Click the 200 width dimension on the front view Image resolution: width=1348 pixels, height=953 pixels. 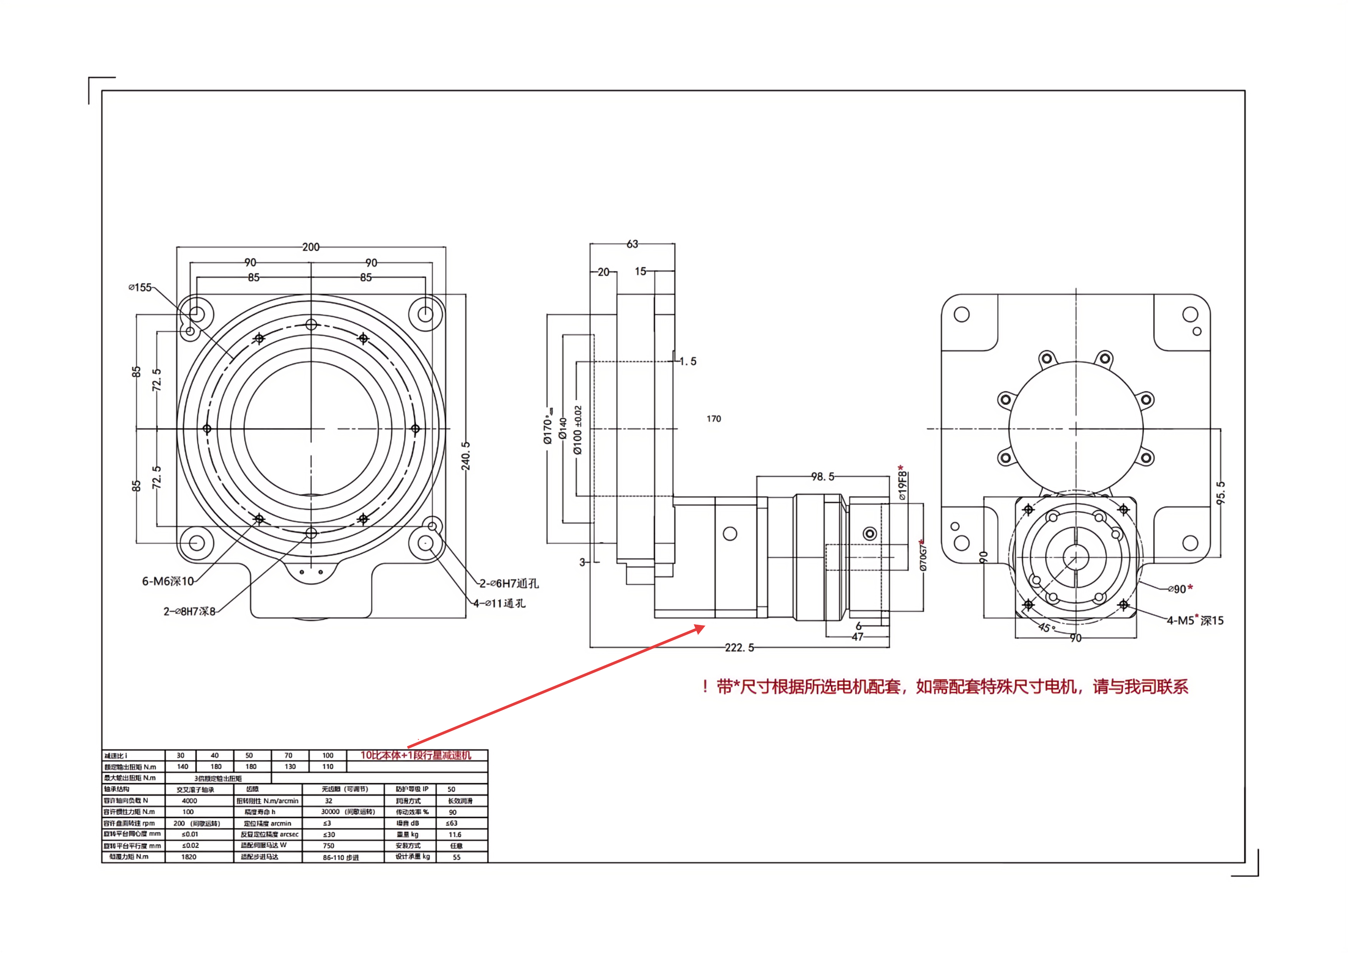(x=310, y=247)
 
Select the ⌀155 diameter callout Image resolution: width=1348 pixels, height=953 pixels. (x=140, y=287)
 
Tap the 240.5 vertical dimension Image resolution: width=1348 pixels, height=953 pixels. (x=466, y=456)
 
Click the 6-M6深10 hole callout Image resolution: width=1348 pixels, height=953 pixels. (x=168, y=581)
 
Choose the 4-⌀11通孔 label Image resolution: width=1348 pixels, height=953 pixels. (x=500, y=603)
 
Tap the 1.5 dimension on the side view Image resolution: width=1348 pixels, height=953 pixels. (x=688, y=361)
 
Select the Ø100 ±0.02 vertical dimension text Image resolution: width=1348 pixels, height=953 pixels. (x=578, y=430)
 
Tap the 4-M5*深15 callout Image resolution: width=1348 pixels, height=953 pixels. (x=1195, y=620)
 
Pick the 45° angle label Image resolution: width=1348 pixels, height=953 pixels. (x=1046, y=627)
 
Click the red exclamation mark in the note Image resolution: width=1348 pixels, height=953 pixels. (x=704, y=687)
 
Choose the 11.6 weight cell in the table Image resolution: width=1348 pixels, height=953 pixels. (x=455, y=834)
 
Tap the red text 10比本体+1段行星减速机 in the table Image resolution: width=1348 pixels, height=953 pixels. (x=416, y=755)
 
